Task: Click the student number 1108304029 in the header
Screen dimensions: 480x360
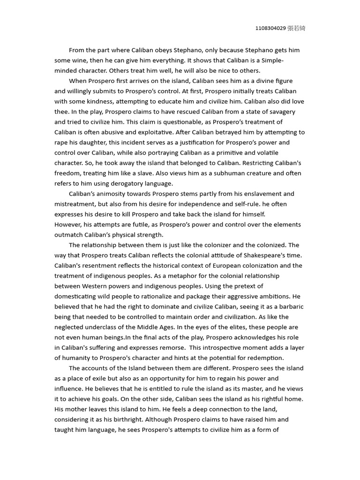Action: coord(271,29)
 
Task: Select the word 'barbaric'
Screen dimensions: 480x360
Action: coord(289,307)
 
